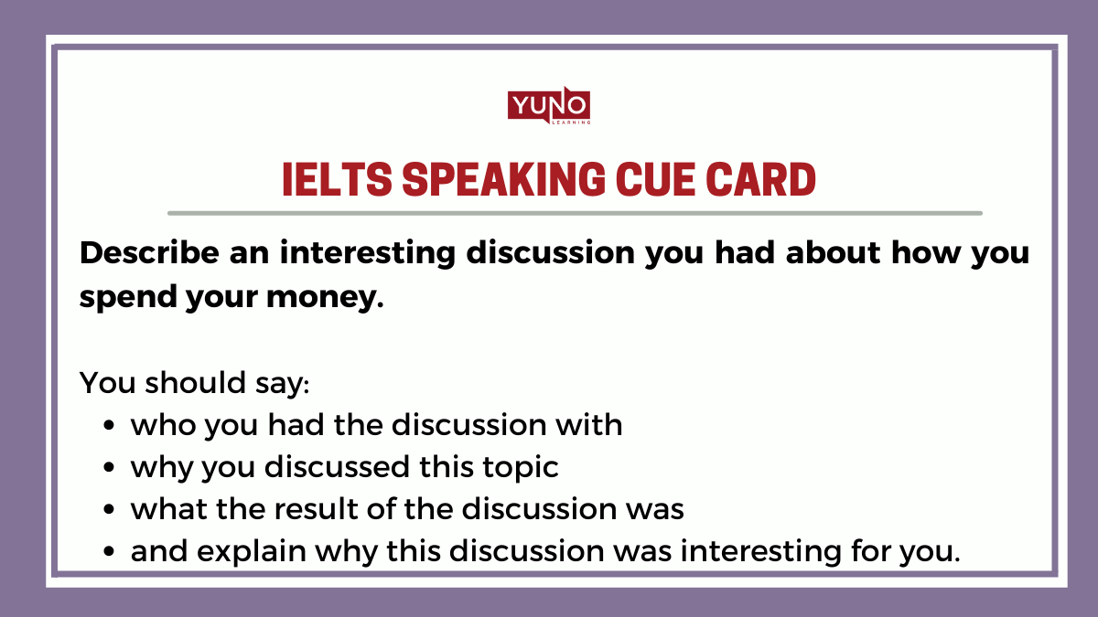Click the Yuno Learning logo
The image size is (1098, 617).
[549, 106]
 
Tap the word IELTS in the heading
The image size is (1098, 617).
[335, 180]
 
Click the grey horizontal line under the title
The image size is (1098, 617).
[575, 213]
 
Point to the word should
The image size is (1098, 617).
[187, 382]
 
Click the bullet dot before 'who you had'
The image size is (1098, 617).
[110, 426]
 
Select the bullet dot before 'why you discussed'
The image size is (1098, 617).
[110, 468]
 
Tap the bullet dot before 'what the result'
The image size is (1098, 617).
[110, 510]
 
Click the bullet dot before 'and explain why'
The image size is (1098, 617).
[110, 552]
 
